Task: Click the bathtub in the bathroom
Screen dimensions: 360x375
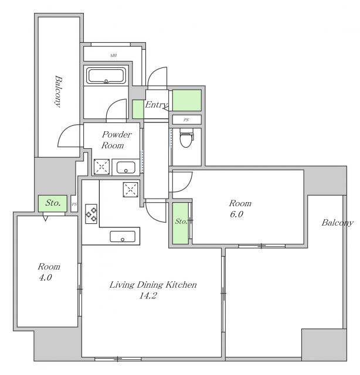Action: pyautogui.click(x=106, y=76)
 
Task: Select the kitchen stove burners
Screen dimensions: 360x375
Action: pyautogui.click(x=91, y=214)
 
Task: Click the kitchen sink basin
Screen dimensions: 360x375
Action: pyautogui.click(x=123, y=237)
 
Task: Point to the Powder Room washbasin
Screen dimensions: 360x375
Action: pyautogui.click(x=126, y=167)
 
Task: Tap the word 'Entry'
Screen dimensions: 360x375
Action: pyautogui.click(x=157, y=105)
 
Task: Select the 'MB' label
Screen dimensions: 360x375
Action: pyautogui.click(x=114, y=56)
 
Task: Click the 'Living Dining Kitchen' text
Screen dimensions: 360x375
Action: pyautogui.click(x=153, y=285)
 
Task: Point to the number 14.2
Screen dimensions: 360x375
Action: pyautogui.click(x=148, y=295)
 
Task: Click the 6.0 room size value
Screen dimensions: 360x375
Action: pyautogui.click(x=236, y=214)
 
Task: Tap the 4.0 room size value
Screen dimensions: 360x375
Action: pyautogui.click(x=46, y=277)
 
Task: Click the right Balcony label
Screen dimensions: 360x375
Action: pyautogui.click(x=337, y=223)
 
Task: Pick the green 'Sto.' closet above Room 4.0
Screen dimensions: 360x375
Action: pyautogui.click(x=52, y=203)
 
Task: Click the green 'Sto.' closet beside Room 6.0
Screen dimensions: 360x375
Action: pyautogui.click(x=181, y=223)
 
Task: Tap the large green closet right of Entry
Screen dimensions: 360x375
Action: pyautogui.click(x=186, y=100)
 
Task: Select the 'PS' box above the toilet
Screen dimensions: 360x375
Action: pyautogui.click(x=186, y=120)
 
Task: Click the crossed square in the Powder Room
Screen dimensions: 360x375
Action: pyautogui.click(x=102, y=166)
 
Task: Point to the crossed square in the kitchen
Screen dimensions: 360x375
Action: pyautogui.click(x=130, y=190)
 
